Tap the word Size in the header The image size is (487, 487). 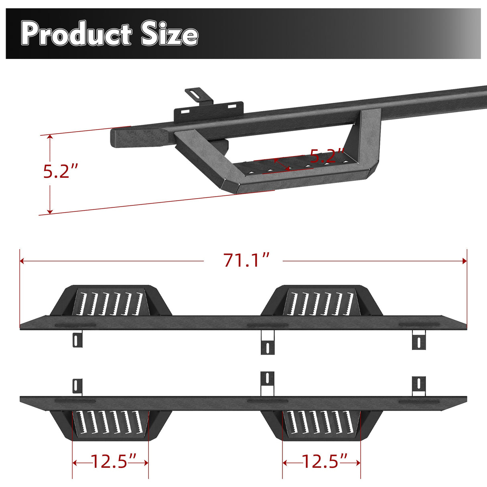click(169, 34)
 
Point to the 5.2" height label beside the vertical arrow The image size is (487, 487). click(60, 171)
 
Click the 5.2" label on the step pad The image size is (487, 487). click(327, 156)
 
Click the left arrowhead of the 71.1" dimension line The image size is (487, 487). click(22, 261)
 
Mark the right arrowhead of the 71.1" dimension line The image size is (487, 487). click(465, 261)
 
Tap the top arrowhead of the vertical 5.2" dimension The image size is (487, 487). click(50, 138)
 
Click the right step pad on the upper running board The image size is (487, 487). click(321, 302)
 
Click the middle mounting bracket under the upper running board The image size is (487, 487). click(268, 343)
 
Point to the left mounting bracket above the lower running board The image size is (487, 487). click(77, 387)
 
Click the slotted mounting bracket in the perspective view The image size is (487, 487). click(208, 108)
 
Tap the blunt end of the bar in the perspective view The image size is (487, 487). click(120, 137)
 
